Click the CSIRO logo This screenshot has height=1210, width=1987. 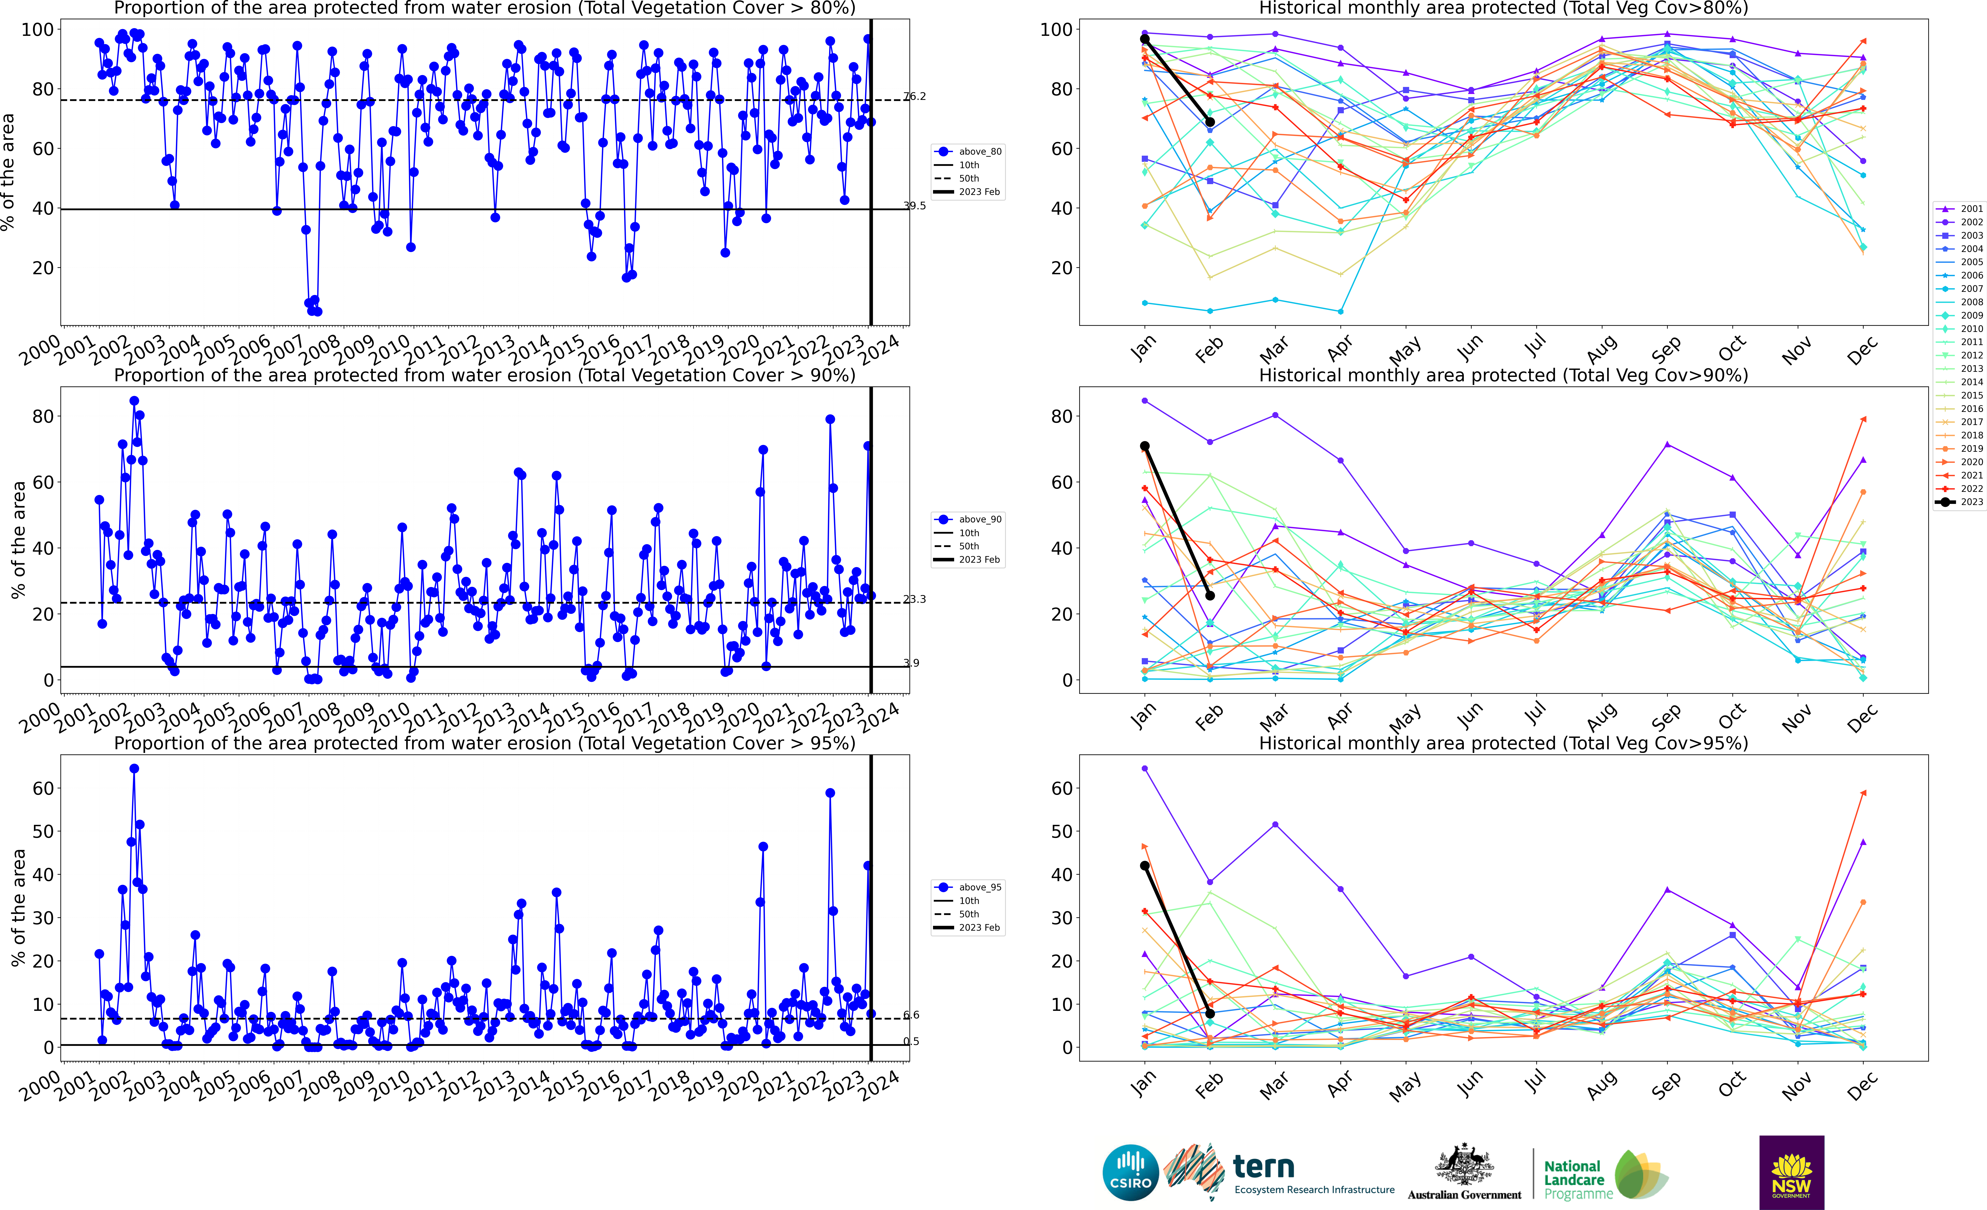click(1131, 1172)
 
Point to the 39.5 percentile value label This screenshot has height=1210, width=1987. click(915, 206)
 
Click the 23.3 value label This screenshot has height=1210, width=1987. click(915, 599)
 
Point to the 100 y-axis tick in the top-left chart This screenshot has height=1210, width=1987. click(37, 30)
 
